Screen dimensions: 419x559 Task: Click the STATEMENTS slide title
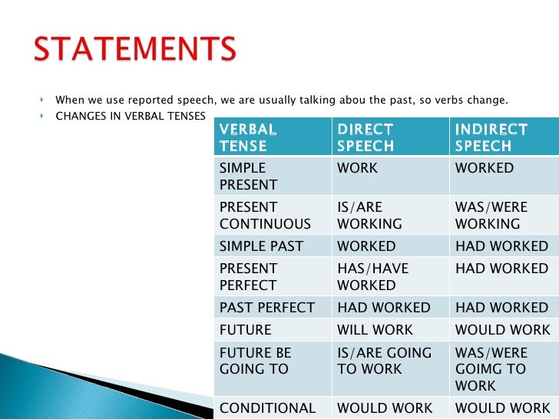[x=134, y=50]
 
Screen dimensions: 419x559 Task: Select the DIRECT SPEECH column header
[x=365, y=137]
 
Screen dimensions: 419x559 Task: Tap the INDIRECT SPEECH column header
[x=491, y=137]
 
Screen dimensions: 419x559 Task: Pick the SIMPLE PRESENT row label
[x=249, y=176]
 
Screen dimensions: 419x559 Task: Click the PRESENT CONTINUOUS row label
[x=265, y=216]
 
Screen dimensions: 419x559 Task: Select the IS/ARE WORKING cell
[x=369, y=216]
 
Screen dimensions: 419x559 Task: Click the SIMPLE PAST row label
[x=261, y=246]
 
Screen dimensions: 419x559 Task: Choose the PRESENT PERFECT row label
[x=249, y=277]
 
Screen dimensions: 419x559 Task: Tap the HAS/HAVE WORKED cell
[x=372, y=277]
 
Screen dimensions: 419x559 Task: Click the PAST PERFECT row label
[x=266, y=308]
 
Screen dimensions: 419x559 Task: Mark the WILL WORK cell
[x=375, y=330]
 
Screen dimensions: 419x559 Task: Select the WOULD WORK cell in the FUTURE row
[x=502, y=330]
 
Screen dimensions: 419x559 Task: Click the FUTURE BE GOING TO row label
[x=255, y=361]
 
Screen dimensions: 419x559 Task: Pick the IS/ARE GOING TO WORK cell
[x=384, y=361]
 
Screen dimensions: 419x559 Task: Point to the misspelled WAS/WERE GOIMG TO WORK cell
[x=491, y=369]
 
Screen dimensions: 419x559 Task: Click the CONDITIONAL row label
[x=266, y=408]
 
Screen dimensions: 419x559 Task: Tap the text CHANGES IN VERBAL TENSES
[x=130, y=116]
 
